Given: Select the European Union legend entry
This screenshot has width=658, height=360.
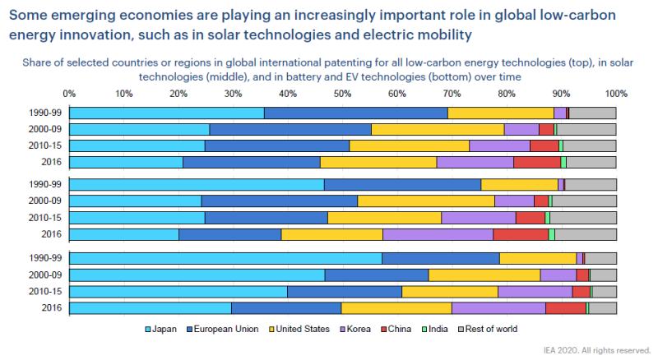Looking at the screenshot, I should [229, 329].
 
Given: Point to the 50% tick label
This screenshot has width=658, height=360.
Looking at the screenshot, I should [342, 94].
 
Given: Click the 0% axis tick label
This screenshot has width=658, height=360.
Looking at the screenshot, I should [69, 94].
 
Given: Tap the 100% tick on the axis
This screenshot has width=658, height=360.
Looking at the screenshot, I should [614, 94].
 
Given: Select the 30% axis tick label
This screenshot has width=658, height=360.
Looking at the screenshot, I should [233, 94].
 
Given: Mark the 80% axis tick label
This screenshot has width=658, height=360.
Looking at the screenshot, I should [507, 94].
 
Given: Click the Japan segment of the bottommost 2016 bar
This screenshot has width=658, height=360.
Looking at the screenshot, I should [150, 308].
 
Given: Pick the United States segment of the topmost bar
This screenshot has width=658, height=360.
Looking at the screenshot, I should [500, 113].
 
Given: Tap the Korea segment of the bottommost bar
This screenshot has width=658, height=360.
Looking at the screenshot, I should [498, 308].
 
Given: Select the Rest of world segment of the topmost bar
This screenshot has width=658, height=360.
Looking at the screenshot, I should [592, 113].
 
